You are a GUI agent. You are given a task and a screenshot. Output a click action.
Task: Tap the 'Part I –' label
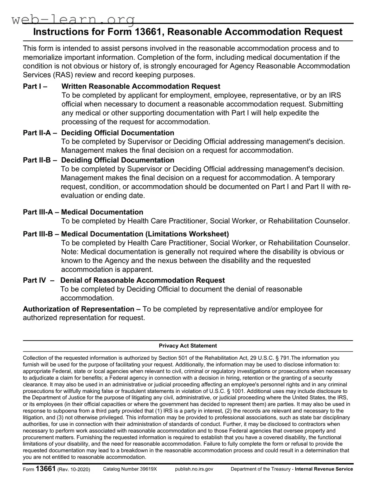coord(35,87)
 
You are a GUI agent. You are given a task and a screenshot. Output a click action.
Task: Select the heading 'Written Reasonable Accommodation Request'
coord(141,87)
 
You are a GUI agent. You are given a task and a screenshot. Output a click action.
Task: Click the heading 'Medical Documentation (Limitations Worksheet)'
coord(145,234)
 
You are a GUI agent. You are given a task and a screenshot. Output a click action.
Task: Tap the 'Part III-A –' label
coord(41,212)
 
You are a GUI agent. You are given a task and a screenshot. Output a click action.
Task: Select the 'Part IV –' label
coord(39,280)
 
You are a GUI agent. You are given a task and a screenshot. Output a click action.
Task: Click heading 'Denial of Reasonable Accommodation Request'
coord(142,280)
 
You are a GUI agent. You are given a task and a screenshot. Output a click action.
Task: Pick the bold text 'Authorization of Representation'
coord(79,309)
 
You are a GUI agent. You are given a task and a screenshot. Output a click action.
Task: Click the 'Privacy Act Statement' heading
coord(188,346)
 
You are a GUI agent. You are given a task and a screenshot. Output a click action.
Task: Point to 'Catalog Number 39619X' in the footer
coord(130,469)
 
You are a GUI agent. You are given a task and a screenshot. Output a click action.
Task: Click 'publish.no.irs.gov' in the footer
coord(194,469)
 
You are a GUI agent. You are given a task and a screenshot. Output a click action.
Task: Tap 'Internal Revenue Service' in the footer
coord(324,469)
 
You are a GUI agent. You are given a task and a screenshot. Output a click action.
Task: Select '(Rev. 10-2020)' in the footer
coord(74,469)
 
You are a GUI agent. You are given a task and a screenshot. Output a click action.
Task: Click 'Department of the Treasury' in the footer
coord(260,469)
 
